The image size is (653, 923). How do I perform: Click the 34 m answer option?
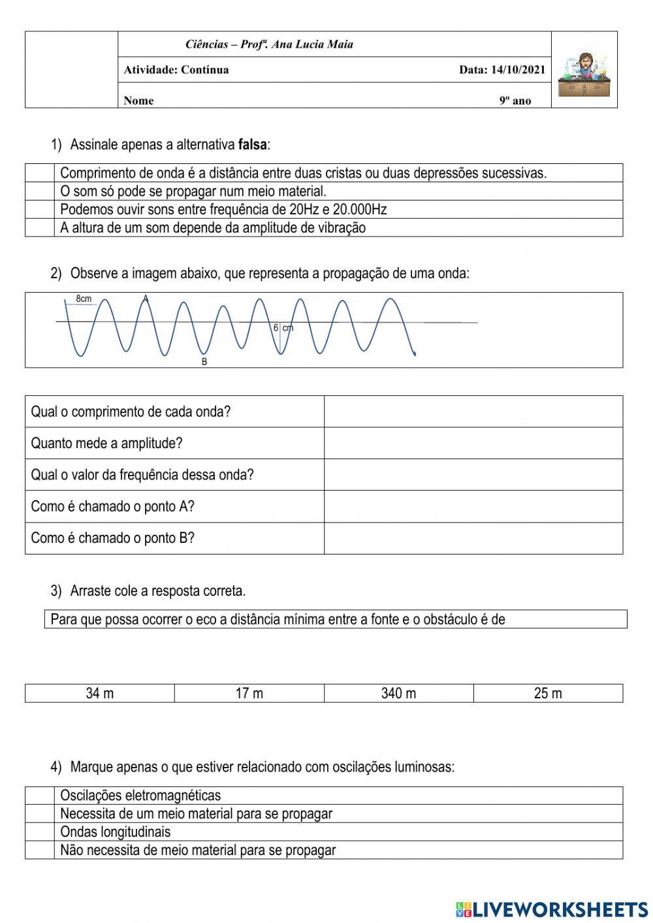99,693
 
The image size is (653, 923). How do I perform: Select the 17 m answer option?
249,693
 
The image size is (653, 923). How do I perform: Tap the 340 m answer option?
398,693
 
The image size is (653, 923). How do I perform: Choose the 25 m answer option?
548,693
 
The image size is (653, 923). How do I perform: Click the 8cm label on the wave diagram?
84,299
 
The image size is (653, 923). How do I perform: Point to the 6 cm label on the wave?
283,328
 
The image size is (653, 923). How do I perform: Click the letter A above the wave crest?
146,299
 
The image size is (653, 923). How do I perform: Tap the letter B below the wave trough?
204,362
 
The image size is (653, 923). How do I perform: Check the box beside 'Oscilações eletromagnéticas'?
40,795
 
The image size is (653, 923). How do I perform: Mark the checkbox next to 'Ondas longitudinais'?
40,832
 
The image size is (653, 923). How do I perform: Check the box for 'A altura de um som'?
40,227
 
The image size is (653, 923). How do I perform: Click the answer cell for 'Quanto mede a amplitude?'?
473,443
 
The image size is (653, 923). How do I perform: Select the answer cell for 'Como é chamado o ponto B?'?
473,538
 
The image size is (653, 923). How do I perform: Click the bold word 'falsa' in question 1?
253,144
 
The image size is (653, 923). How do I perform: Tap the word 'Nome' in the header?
138,101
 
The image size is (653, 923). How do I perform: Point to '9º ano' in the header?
515,101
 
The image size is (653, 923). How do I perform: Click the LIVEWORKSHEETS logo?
552,909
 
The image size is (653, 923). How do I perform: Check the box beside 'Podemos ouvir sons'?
40,209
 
